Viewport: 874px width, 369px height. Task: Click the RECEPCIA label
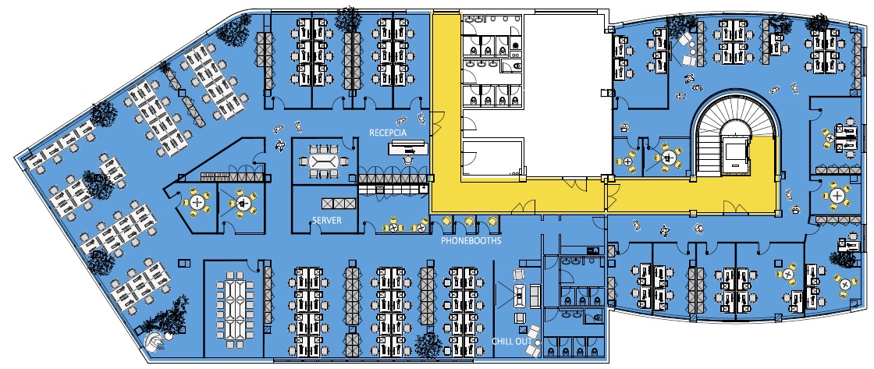click(x=388, y=133)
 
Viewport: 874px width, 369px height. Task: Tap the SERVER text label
click(x=327, y=220)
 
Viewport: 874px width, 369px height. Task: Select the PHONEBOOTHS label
click(x=471, y=241)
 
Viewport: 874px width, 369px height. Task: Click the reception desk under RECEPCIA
click(x=409, y=147)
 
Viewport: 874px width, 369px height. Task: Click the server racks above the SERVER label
click(x=338, y=203)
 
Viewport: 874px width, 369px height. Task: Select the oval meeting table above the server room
click(x=323, y=162)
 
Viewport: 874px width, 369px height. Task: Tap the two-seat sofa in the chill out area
click(x=535, y=295)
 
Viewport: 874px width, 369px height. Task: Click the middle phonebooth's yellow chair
click(x=469, y=222)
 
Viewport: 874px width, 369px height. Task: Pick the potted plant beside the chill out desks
click(x=428, y=345)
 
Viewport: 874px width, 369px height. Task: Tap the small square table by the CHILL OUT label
click(x=520, y=318)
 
